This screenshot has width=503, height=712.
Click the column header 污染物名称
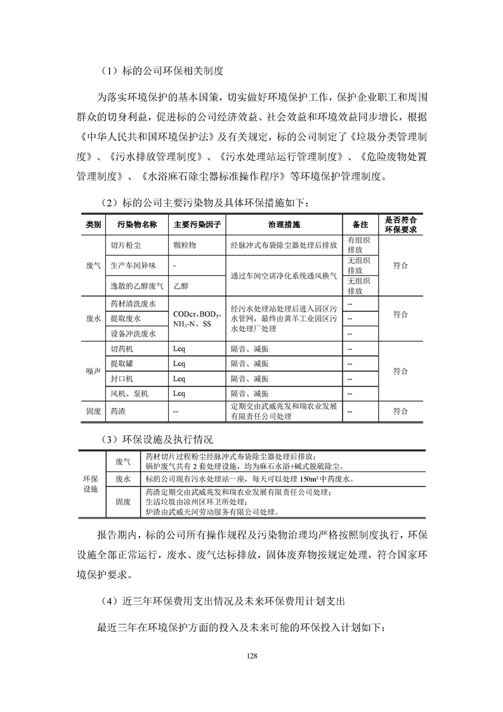(x=136, y=225)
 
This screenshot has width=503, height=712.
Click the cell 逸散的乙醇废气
(x=136, y=286)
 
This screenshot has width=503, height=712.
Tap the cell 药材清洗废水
(x=133, y=305)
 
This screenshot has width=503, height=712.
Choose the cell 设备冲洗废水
(x=133, y=333)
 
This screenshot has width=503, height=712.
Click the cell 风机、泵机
(x=129, y=393)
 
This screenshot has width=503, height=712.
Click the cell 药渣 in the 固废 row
(x=118, y=411)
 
